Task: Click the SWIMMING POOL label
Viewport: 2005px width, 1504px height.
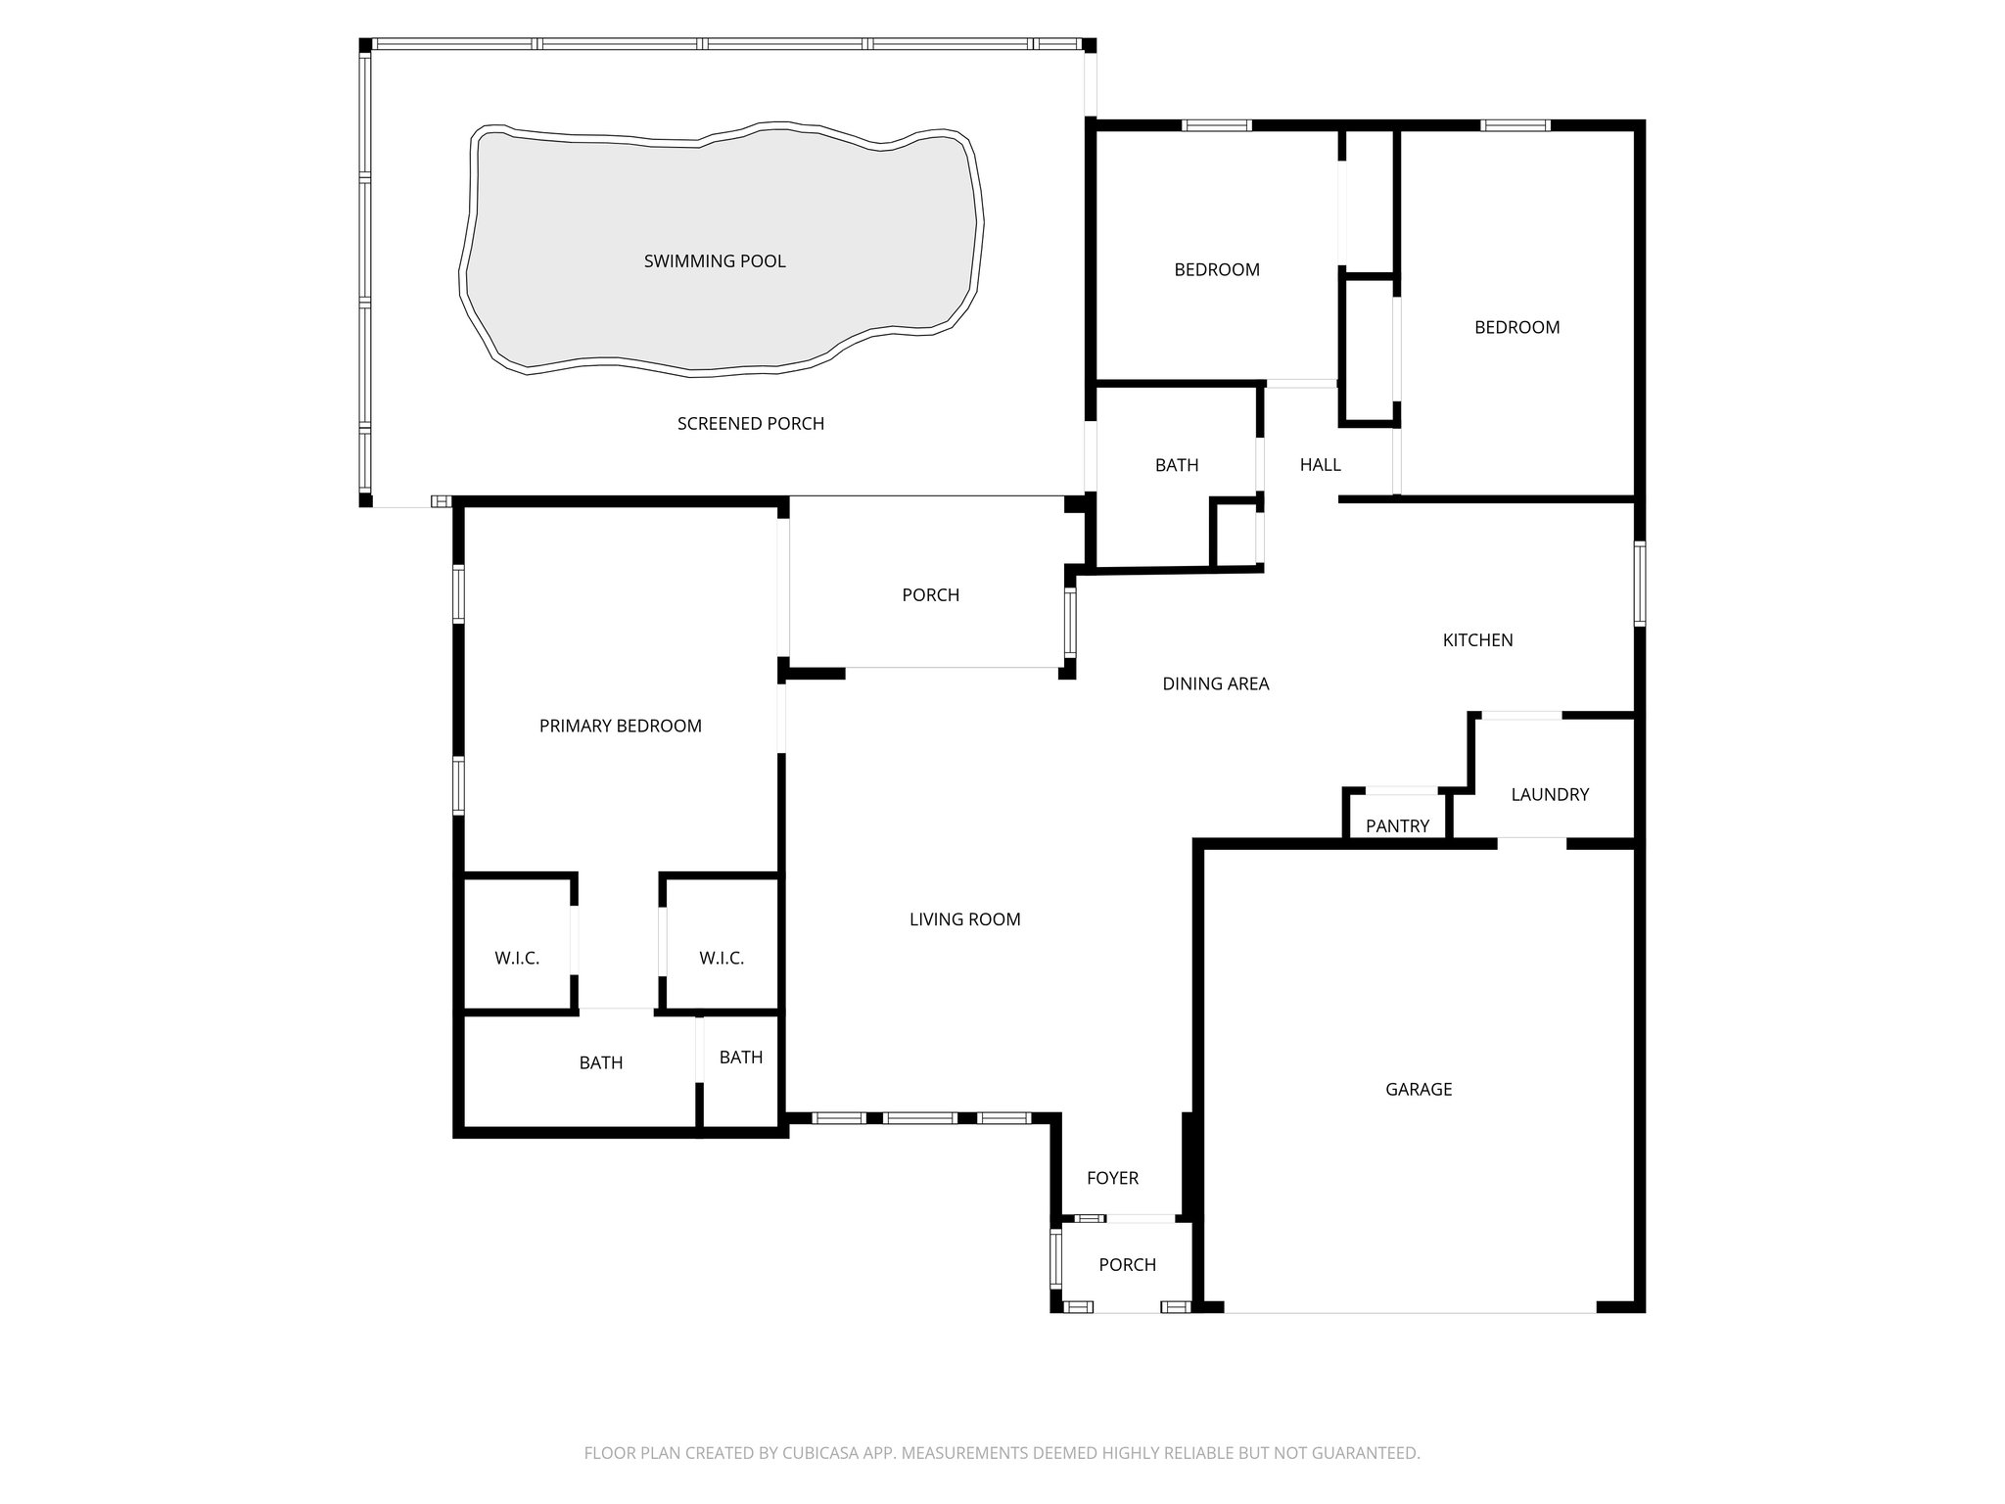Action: tap(715, 261)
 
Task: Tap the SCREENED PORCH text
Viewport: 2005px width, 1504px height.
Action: tap(751, 424)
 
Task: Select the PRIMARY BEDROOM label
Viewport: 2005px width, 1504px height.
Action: tap(620, 726)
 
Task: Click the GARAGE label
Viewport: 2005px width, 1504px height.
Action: tap(1419, 1089)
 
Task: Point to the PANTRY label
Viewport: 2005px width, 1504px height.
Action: tap(1397, 826)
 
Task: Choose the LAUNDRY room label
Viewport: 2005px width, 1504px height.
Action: tap(1550, 794)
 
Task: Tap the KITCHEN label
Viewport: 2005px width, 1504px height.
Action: tap(1477, 640)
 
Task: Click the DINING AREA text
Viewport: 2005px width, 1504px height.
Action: tap(1215, 684)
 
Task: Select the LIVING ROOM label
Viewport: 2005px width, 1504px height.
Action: tap(964, 919)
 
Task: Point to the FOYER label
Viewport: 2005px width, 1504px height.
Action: tap(1112, 1178)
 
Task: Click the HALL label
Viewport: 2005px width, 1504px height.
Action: tap(1320, 465)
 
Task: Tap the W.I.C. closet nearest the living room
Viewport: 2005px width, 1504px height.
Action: tap(722, 959)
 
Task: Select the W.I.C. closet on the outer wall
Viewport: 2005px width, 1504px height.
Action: tap(517, 959)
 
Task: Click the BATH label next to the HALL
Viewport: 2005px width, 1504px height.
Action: tap(1176, 465)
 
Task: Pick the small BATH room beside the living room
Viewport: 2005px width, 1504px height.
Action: tap(741, 1057)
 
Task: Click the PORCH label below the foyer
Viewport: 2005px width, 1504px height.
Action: tap(1127, 1265)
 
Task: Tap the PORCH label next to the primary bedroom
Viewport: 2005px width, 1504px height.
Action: tap(930, 595)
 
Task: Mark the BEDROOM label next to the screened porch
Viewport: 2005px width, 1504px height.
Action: tap(1217, 270)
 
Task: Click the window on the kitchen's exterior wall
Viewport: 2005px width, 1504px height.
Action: tap(1640, 583)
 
